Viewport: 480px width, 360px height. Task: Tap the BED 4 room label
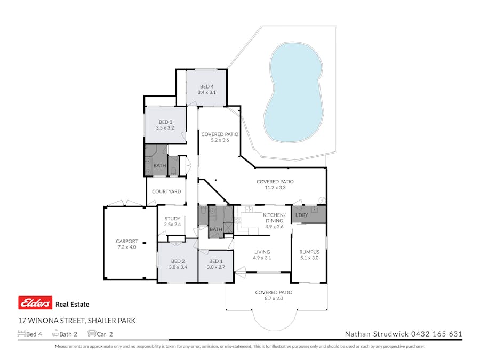click(x=206, y=86)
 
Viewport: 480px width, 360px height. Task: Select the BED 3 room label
click(x=165, y=122)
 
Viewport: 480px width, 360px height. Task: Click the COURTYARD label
click(x=166, y=191)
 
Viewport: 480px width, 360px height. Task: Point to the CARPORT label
click(x=126, y=241)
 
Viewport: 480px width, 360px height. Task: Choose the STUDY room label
click(x=172, y=218)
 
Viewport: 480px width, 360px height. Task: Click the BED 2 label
click(x=177, y=261)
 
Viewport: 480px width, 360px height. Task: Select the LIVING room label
click(x=262, y=252)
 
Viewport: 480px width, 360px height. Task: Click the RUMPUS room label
click(x=309, y=252)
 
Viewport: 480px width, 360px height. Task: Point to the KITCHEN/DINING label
click(x=275, y=215)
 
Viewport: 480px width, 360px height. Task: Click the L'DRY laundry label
click(x=302, y=214)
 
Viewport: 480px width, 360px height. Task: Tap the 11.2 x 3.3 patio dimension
click(x=275, y=188)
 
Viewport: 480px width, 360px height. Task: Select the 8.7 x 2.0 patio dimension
click(x=274, y=299)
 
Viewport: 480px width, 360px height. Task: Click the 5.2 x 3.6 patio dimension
click(x=219, y=140)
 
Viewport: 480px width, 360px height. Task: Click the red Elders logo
click(x=35, y=303)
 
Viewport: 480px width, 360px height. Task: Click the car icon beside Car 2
click(x=92, y=334)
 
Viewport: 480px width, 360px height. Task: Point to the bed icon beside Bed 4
click(x=21, y=334)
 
